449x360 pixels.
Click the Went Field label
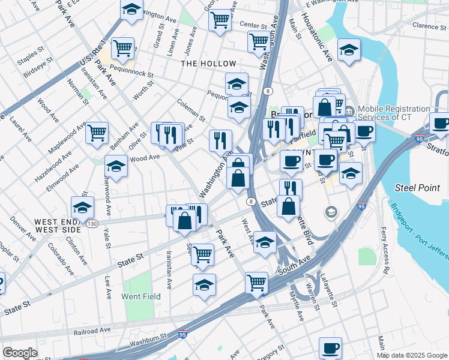(x=141, y=296)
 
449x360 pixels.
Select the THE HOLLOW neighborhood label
(x=208, y=63)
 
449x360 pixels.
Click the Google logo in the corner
(x=20, y=353)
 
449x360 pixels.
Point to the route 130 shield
(x=92, y=223)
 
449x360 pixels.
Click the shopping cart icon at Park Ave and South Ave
(x=256, y=281)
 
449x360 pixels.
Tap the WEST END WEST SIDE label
(x=57, y=225)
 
